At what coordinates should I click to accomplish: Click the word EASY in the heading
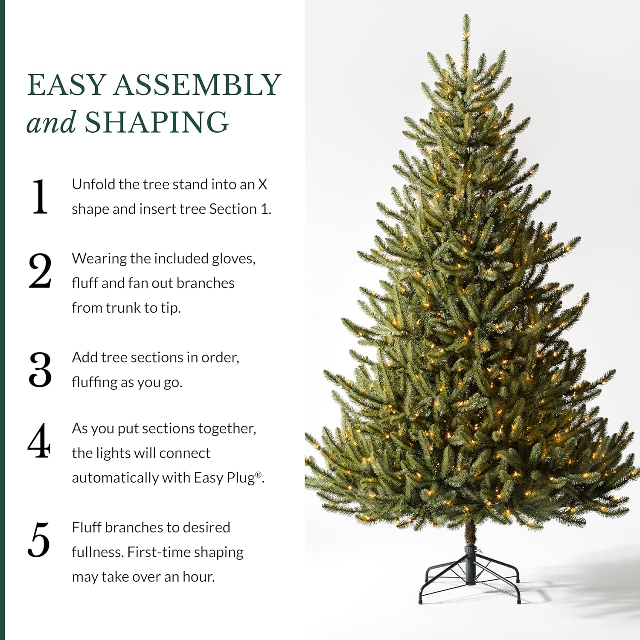click(67, 85)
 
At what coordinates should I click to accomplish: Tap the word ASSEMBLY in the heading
click(197, 85)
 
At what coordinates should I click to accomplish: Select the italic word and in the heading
click(51, 122)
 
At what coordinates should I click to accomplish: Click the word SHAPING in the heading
click(157, 122)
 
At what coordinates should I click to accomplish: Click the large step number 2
click(40, 271)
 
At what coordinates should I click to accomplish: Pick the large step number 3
click(40, 370)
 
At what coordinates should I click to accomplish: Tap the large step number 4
click(39, 441)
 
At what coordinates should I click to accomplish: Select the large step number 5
click(39, 540)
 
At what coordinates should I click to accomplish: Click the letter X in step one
click(262, 184)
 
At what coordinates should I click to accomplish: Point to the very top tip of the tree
click(466, 15)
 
